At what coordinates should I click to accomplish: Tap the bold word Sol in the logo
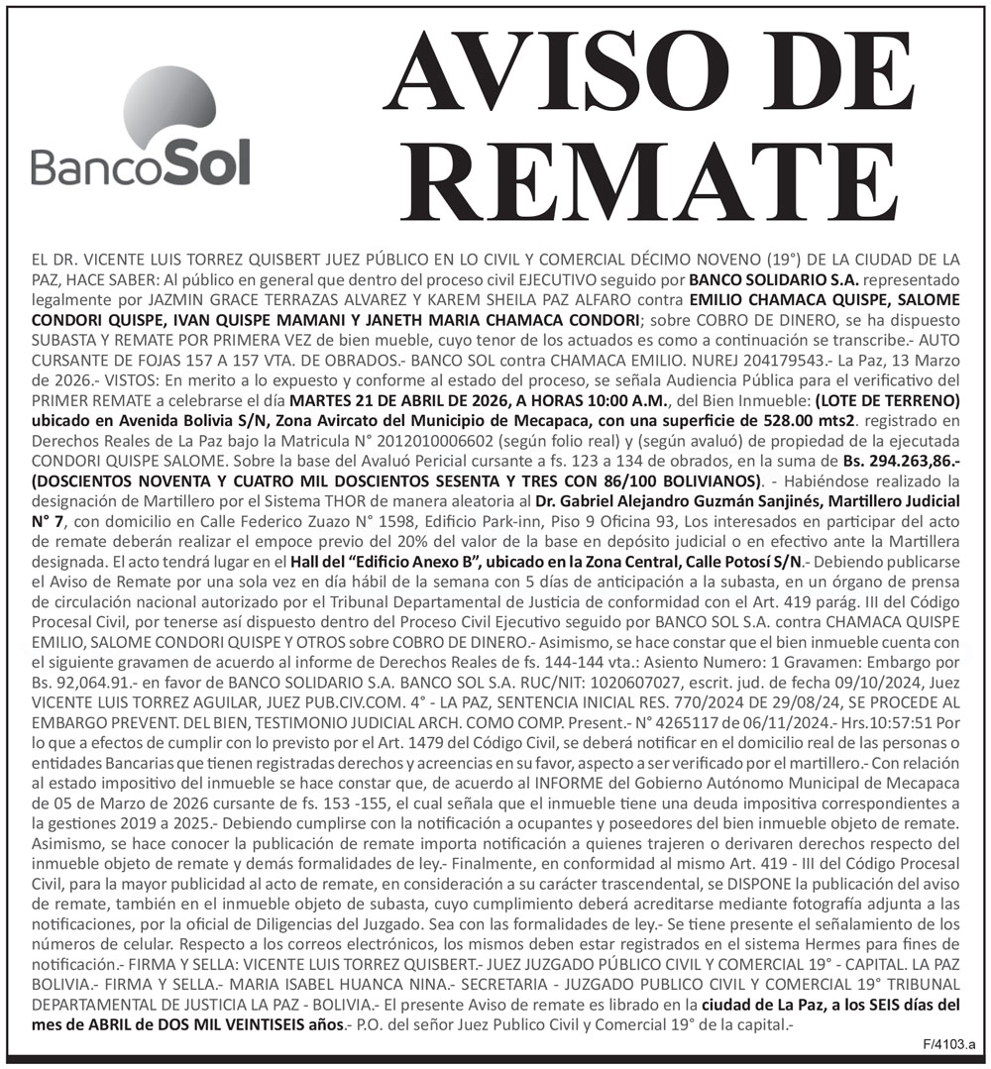click(x=204, y=162)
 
